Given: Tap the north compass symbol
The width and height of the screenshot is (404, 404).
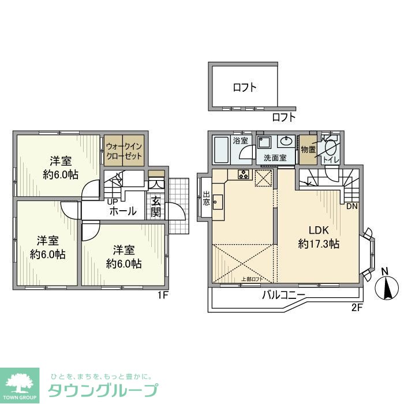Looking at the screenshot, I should point(387,287).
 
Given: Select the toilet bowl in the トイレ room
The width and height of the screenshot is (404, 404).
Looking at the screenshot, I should point(331,148).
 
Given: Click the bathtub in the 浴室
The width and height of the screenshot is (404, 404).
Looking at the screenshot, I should point(222,150).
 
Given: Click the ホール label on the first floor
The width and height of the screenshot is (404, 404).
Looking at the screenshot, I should point(123,211).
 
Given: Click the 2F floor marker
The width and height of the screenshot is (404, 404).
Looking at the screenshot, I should point(356,306).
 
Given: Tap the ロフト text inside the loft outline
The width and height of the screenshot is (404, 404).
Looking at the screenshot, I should point(245,88).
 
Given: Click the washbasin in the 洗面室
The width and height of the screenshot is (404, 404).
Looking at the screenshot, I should point(287,142).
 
